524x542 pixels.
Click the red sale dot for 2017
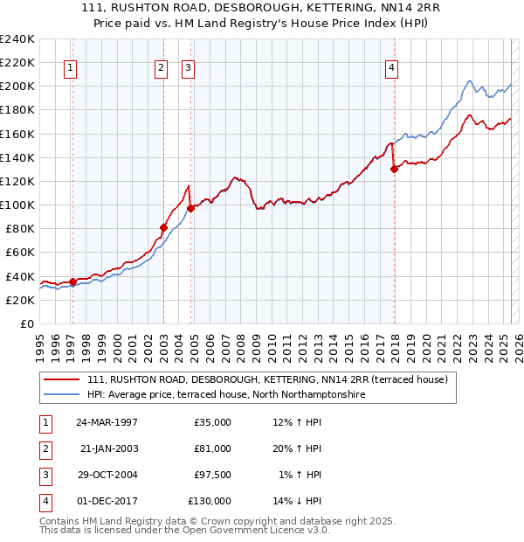click(394, 170)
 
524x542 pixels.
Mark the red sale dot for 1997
click(72, 281)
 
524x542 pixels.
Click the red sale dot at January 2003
click(163, 227)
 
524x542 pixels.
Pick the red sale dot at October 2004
click(190, 207)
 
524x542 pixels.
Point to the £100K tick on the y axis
click(17, 205)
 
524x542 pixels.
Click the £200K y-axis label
click(17, 87)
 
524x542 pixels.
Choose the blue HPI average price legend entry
click(225, 395)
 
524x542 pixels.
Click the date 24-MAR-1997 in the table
click(107, 422)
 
